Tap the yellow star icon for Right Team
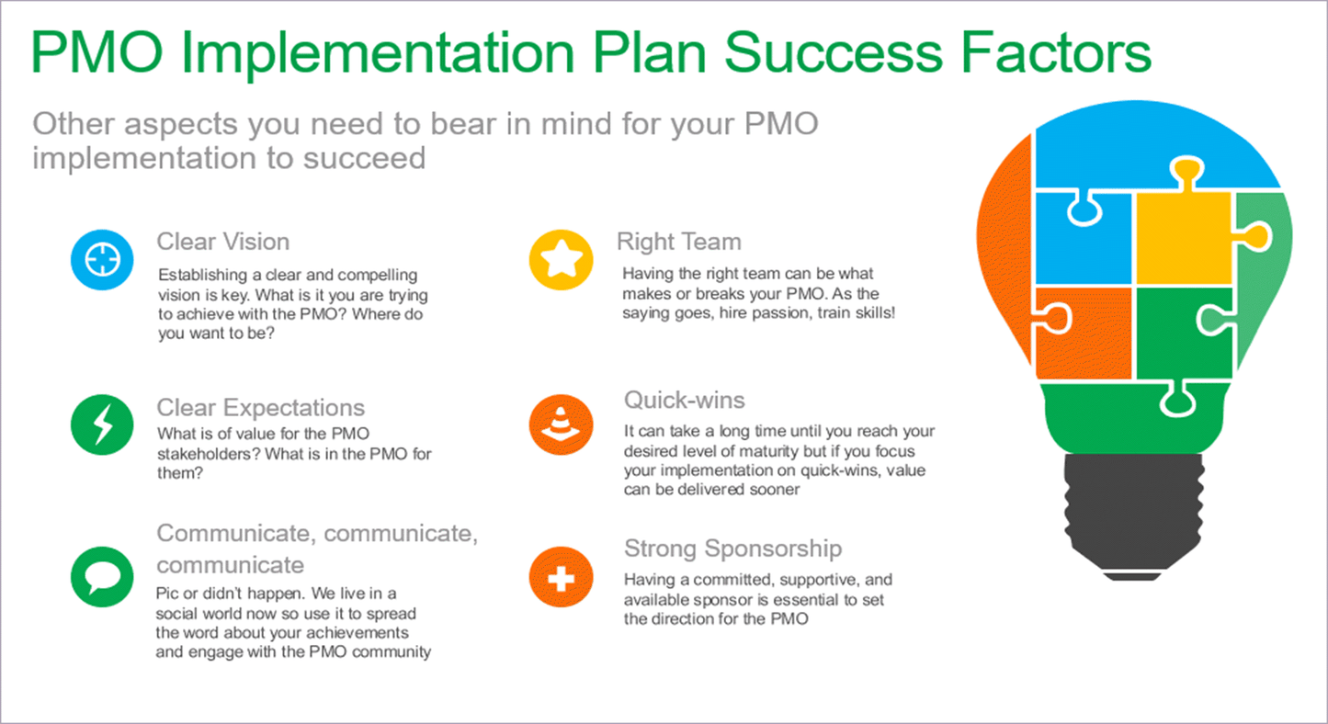(561, 260)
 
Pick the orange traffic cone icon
(560, 425)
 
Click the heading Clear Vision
(223, 242)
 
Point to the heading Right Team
(678, 242)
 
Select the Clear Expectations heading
(261, 408)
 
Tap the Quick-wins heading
(685, 400)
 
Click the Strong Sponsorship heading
(732, 549)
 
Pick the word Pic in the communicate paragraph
(170, 594)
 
